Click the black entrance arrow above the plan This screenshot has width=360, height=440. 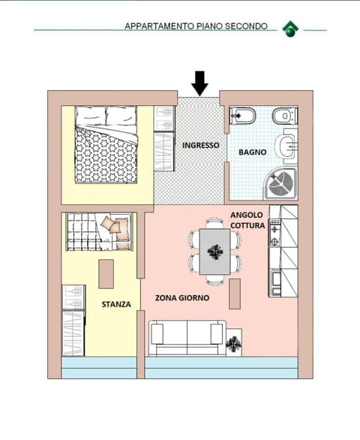[199, 83]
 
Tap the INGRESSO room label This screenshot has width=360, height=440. [200, 145]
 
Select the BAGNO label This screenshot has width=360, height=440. [252, 152]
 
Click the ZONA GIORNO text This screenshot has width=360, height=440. [181, 297]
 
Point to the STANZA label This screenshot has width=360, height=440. [116, 304]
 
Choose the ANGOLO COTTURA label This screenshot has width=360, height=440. [247, 220]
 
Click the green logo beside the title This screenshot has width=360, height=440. [290, 29]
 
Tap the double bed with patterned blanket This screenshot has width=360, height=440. [105, 144]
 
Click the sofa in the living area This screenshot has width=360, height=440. [187, 338]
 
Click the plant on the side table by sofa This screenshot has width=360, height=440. [235, 344]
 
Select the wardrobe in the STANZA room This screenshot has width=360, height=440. [73, 321]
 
